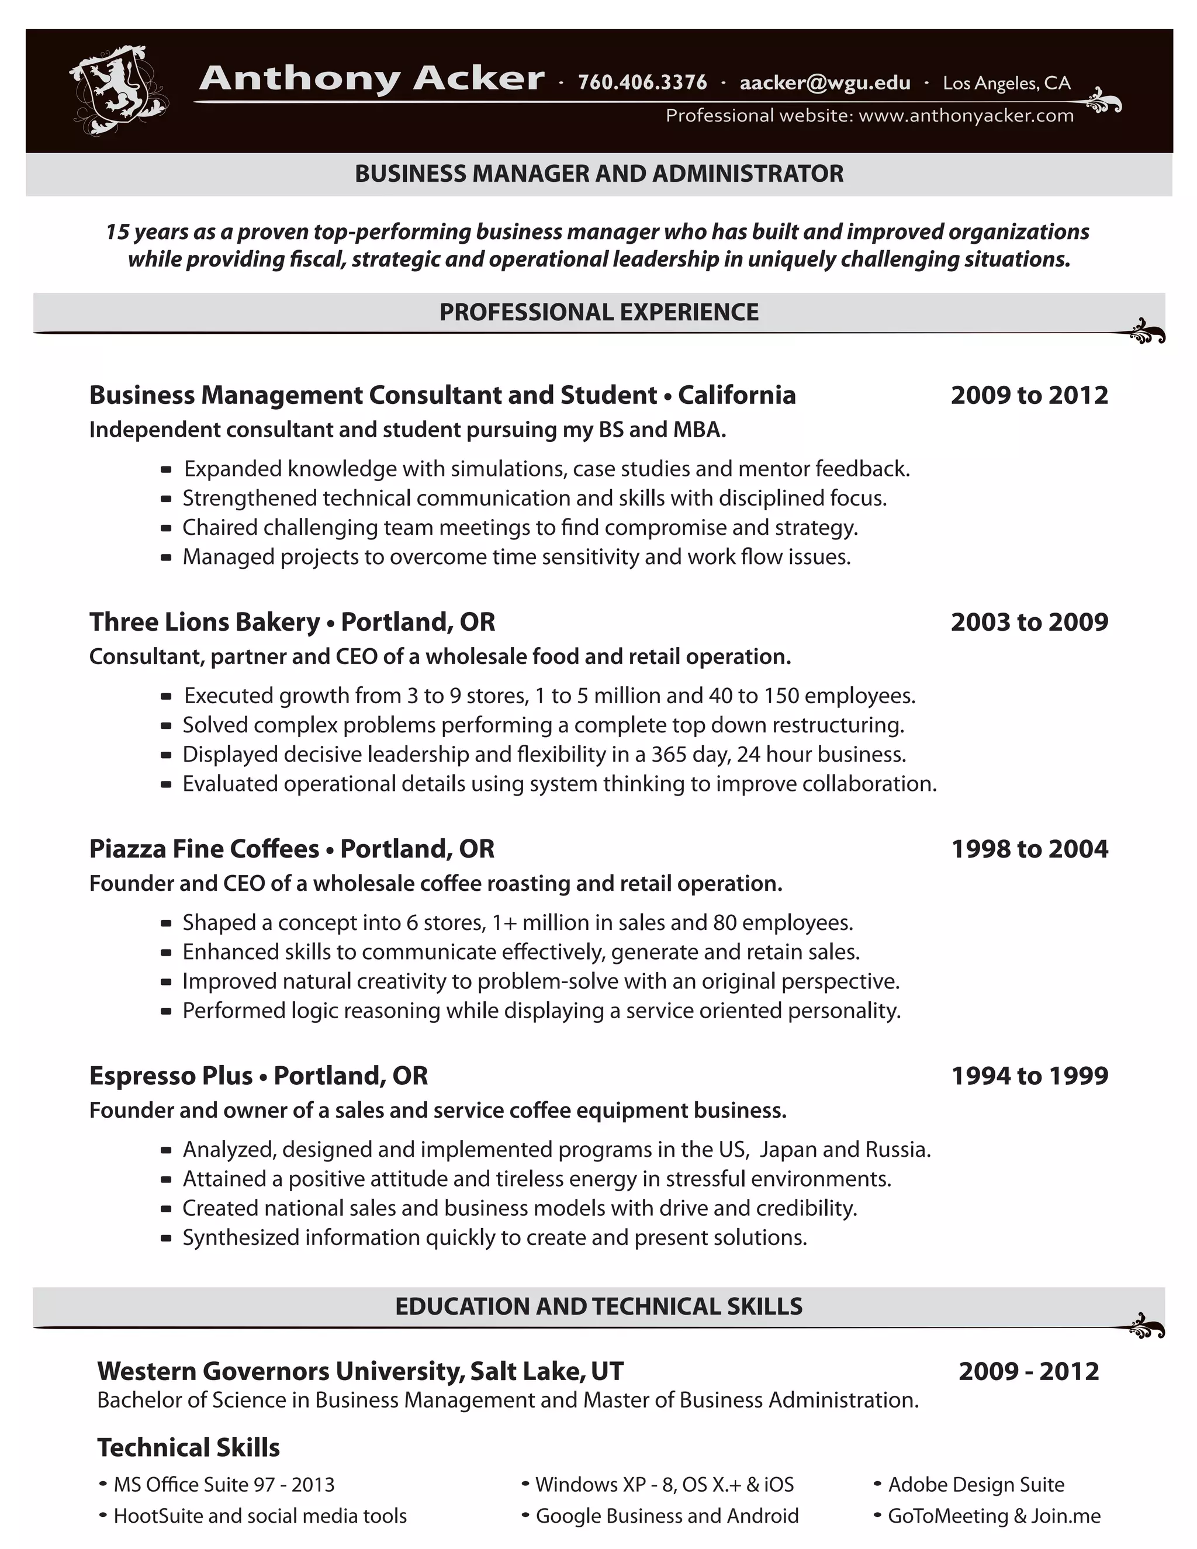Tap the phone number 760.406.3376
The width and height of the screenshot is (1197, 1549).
click(642, 83)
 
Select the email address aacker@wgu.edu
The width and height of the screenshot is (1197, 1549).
click(825, 83)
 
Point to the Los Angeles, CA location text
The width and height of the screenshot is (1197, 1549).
click(1006, 83)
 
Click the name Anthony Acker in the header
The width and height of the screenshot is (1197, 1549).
click(372, 79)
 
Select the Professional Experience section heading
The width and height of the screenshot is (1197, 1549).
click(598, 312)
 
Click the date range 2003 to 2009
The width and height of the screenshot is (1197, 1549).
click(1029, 622)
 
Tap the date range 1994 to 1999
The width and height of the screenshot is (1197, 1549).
click(1029, 1076)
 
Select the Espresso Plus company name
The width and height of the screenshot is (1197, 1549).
click(171, 1076)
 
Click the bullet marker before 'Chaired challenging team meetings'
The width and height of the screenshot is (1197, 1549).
click(166, 528)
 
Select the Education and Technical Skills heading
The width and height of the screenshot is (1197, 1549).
click(598, 1306)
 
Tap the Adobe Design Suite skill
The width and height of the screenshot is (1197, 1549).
click(975, 1485)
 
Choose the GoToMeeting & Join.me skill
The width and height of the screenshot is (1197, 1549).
click(994, 1516)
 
